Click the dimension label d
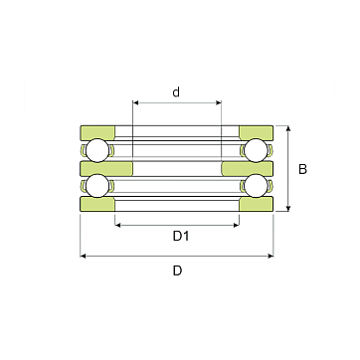pyautogui.click(x=176, y=92)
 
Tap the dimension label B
pyautogui.click(x=302, y=169)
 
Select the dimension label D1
pyautogui.click(x=181, y=237)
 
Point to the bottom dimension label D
pyautogui.click(x=177, y=270)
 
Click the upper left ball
pyautogui.click(x=97, y=150)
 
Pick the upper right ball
pyautogui.click(x=256, y=150)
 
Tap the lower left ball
pyautogui.click(x=97, y=186)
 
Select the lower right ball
pyautogui.click(x=256, y=186)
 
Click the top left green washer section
pyautogui.click(x=97, y=132)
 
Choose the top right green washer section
pyautogui.click(x=257, y=132)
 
